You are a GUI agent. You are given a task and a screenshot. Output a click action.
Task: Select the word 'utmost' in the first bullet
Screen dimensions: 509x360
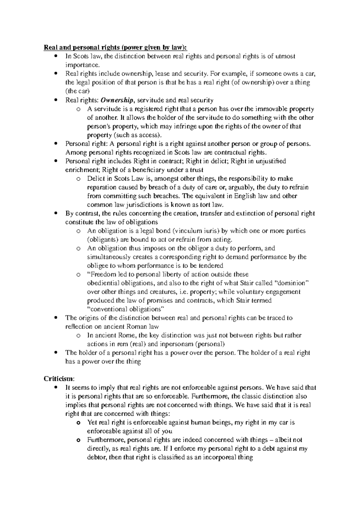(285, 56)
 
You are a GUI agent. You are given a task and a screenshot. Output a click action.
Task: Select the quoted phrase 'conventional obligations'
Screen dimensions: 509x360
(126, 309)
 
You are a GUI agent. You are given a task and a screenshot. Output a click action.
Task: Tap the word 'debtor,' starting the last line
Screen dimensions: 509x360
(97, 458)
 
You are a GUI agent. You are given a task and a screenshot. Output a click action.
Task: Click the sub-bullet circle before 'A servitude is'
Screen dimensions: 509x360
(78, 109)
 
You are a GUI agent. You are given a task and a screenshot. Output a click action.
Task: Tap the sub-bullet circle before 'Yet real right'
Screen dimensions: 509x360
(78, 423)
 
